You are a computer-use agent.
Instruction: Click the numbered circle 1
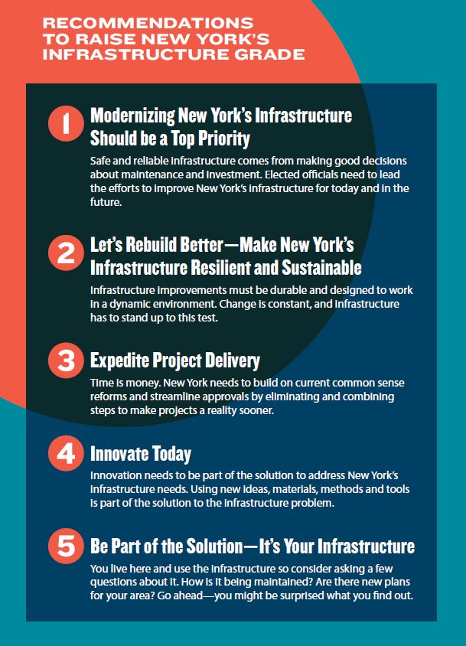(66, 123)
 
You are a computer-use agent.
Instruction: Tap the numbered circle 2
(66, 253)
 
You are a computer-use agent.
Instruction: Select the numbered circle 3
(66, 360)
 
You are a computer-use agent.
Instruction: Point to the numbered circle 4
(66, 453)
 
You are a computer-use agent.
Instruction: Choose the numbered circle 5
(66, 546)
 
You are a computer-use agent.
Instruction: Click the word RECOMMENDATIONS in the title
(148, 23)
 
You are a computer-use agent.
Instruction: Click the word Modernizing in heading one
(132, 116)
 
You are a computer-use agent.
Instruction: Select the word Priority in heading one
(223, 139)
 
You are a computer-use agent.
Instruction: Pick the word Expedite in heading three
(119, 361)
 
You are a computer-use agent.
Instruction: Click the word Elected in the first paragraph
(282, 175)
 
